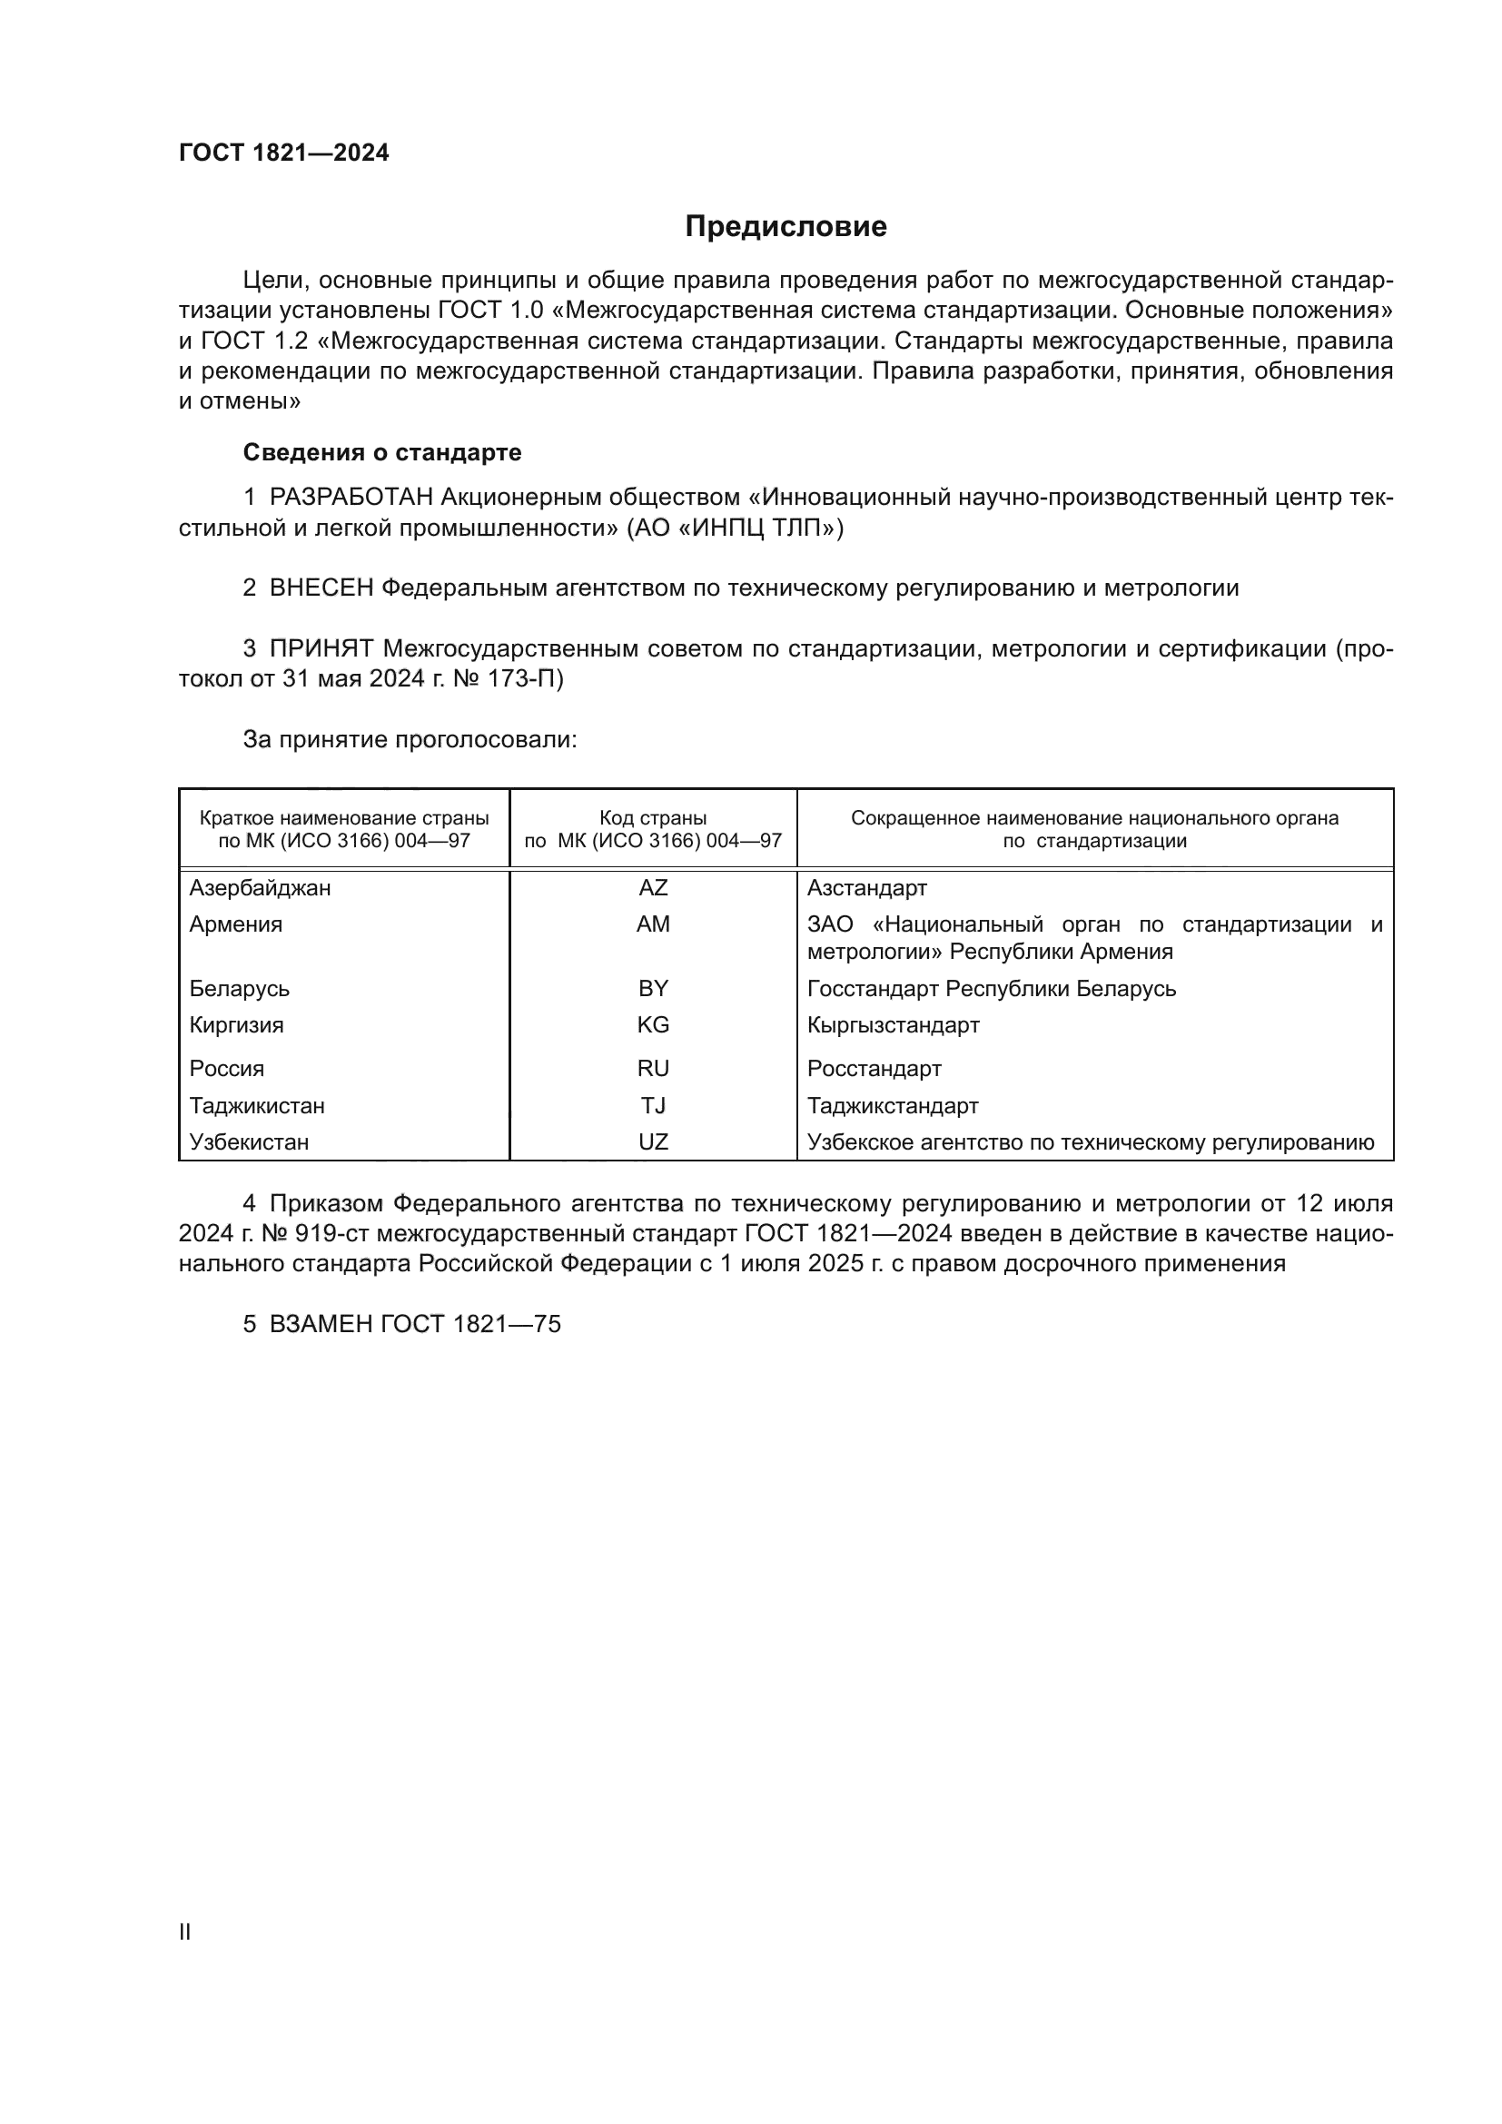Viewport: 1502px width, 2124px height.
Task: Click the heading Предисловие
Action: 786,227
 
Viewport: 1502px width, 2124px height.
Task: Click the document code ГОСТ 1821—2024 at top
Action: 284,153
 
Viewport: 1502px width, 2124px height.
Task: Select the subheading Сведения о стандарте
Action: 382,452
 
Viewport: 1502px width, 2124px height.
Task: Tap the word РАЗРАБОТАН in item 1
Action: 351,498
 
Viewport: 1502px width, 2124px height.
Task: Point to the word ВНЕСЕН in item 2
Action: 321,588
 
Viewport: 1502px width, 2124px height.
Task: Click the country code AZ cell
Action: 653,888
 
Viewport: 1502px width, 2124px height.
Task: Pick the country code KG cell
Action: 653,1025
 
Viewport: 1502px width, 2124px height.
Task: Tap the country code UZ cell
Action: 653,1142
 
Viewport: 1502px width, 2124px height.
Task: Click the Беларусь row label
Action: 240,989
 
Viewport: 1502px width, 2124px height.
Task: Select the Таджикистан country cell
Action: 257,1106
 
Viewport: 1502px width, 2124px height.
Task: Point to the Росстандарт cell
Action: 874,1070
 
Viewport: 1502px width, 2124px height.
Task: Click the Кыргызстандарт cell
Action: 894,1025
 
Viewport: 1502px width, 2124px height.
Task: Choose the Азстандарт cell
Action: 866,888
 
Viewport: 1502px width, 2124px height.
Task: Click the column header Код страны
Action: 653,819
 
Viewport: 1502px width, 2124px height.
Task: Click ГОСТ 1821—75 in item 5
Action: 470,1325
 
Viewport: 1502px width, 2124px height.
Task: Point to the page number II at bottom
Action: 185,1932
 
